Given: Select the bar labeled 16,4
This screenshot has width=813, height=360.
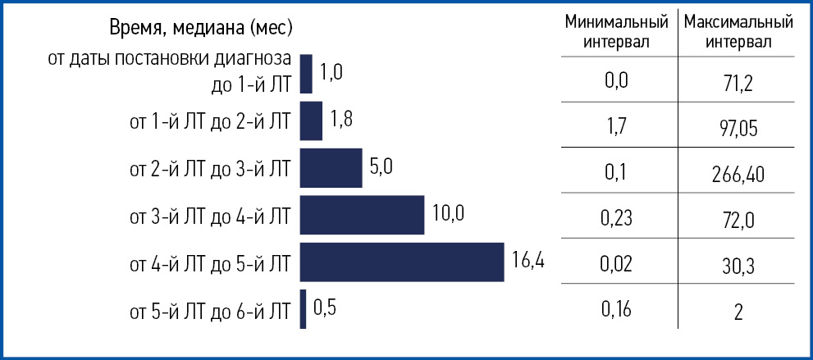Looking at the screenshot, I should (402, 262).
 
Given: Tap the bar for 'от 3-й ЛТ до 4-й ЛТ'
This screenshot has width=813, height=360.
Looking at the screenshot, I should (362, 215).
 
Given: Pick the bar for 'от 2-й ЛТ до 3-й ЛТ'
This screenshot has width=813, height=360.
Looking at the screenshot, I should (331, 168).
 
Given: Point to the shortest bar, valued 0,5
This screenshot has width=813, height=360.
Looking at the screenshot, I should (304, 309).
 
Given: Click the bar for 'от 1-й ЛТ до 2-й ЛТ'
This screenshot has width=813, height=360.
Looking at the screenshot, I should (312, 121).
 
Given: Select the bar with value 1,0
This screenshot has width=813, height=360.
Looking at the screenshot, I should (307, 74).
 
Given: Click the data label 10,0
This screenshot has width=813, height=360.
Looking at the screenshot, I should (448, 215).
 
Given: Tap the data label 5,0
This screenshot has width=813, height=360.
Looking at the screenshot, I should (382, 167).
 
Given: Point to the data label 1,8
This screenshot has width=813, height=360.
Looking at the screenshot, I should (341, 121).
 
